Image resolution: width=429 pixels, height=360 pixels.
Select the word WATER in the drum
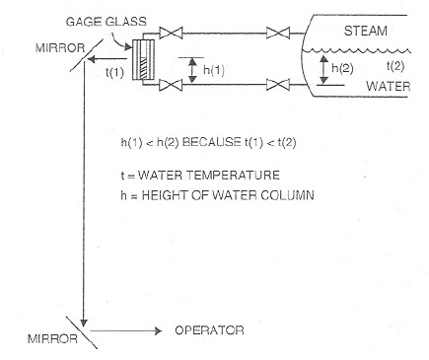tap(387, 86)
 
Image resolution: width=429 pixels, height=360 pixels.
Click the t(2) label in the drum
tap(395, 66)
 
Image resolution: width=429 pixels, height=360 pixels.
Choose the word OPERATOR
tap(209, 330)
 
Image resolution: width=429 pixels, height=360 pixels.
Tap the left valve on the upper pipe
tap(176, 36)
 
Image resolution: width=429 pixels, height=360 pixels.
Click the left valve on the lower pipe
tap(176, 89)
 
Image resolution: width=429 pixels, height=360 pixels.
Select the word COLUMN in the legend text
tap(289, 194)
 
